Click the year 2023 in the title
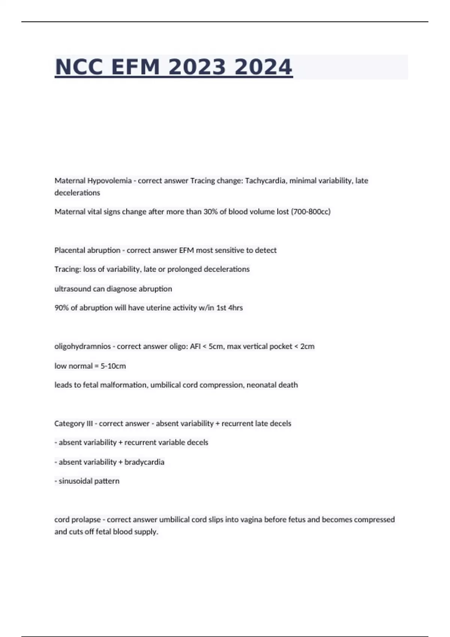[x=197, y=67]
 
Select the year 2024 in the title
[x=263, y=67]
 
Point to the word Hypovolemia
[x=109, y=181]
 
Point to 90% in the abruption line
[x=61, y=308]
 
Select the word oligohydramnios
[x=82, y=347]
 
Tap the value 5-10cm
[x=113, y=366]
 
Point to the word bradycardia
[x=144, y=462]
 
